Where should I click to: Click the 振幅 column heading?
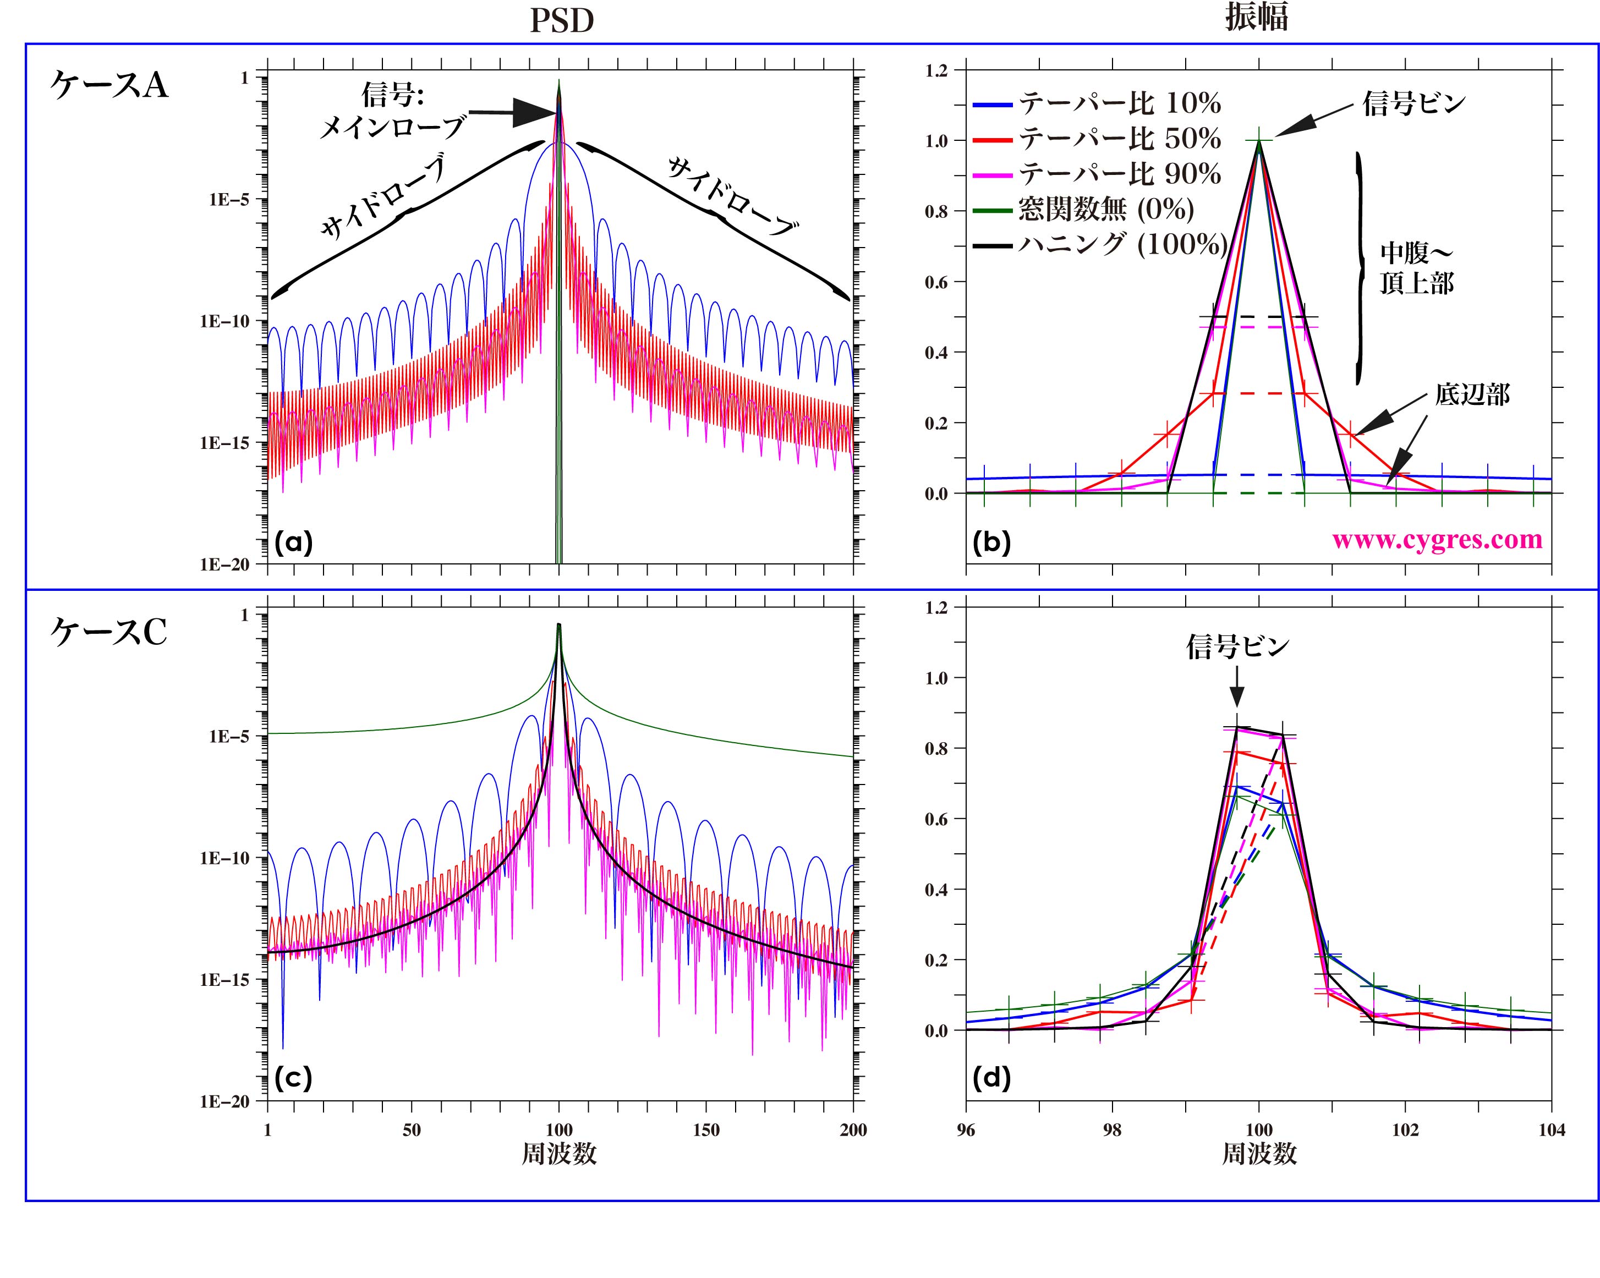[x=1257, y=17]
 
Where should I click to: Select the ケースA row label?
[x=109, y=85]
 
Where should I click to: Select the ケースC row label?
[x=109, y=632]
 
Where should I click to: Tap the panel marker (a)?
[x=294, y=543]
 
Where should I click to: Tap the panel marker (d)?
[x=992, y=1078]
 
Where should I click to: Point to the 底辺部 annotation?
[x=1472, y=395]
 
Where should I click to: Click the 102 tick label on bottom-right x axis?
[x=1405, y=1129]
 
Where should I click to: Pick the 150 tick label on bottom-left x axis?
[x=706, y=1129]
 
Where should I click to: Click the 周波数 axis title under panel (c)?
[x=559, y=1153]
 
